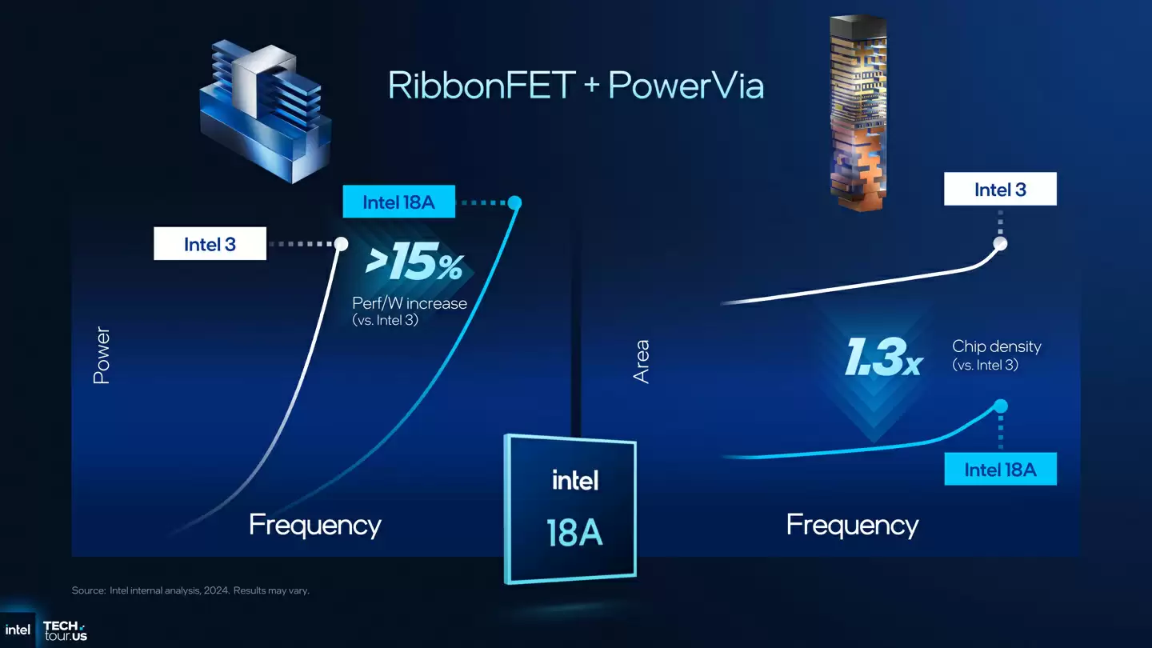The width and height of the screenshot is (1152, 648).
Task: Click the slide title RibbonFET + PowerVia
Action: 575,86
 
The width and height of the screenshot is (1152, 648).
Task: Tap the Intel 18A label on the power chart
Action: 398,202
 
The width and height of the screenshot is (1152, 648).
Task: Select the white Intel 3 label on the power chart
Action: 210,244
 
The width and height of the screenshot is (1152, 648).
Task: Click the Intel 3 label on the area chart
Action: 1000,190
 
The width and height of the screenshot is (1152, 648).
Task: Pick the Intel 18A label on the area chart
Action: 1000,469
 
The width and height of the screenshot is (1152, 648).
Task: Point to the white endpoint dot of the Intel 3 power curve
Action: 341,243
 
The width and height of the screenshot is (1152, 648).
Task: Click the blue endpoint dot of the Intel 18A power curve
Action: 515,202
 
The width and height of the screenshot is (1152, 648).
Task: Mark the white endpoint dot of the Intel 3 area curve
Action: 999,243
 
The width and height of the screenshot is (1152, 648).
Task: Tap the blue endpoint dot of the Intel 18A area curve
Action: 1000,406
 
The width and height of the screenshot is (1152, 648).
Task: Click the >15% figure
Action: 414,265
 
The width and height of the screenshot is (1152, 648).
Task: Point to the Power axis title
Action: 102,355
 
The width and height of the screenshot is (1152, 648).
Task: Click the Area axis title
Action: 642,362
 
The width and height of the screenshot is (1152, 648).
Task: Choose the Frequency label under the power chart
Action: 315,525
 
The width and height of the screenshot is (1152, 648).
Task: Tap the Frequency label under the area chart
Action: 852,525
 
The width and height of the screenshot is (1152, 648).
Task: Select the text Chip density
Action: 997,346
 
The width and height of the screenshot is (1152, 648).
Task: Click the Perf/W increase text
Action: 410,303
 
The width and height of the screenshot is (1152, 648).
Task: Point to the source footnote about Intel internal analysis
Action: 190,590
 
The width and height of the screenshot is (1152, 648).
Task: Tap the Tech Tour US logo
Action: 64,630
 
